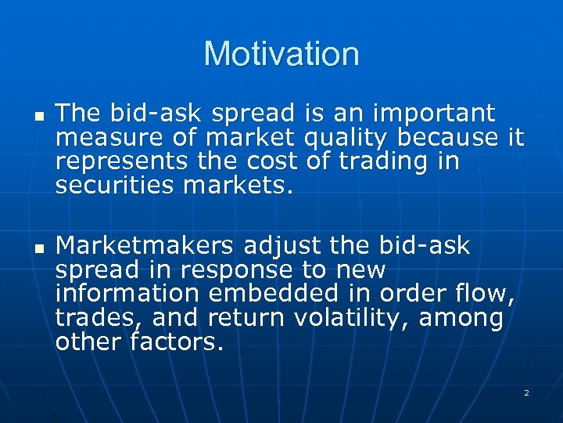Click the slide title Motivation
[281, 54]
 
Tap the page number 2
[526, 392]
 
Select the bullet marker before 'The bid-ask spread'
[38, 116]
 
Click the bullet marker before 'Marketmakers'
[38, 248]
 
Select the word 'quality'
[346, 139]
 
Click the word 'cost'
[270, 161]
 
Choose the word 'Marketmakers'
[145, 246]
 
